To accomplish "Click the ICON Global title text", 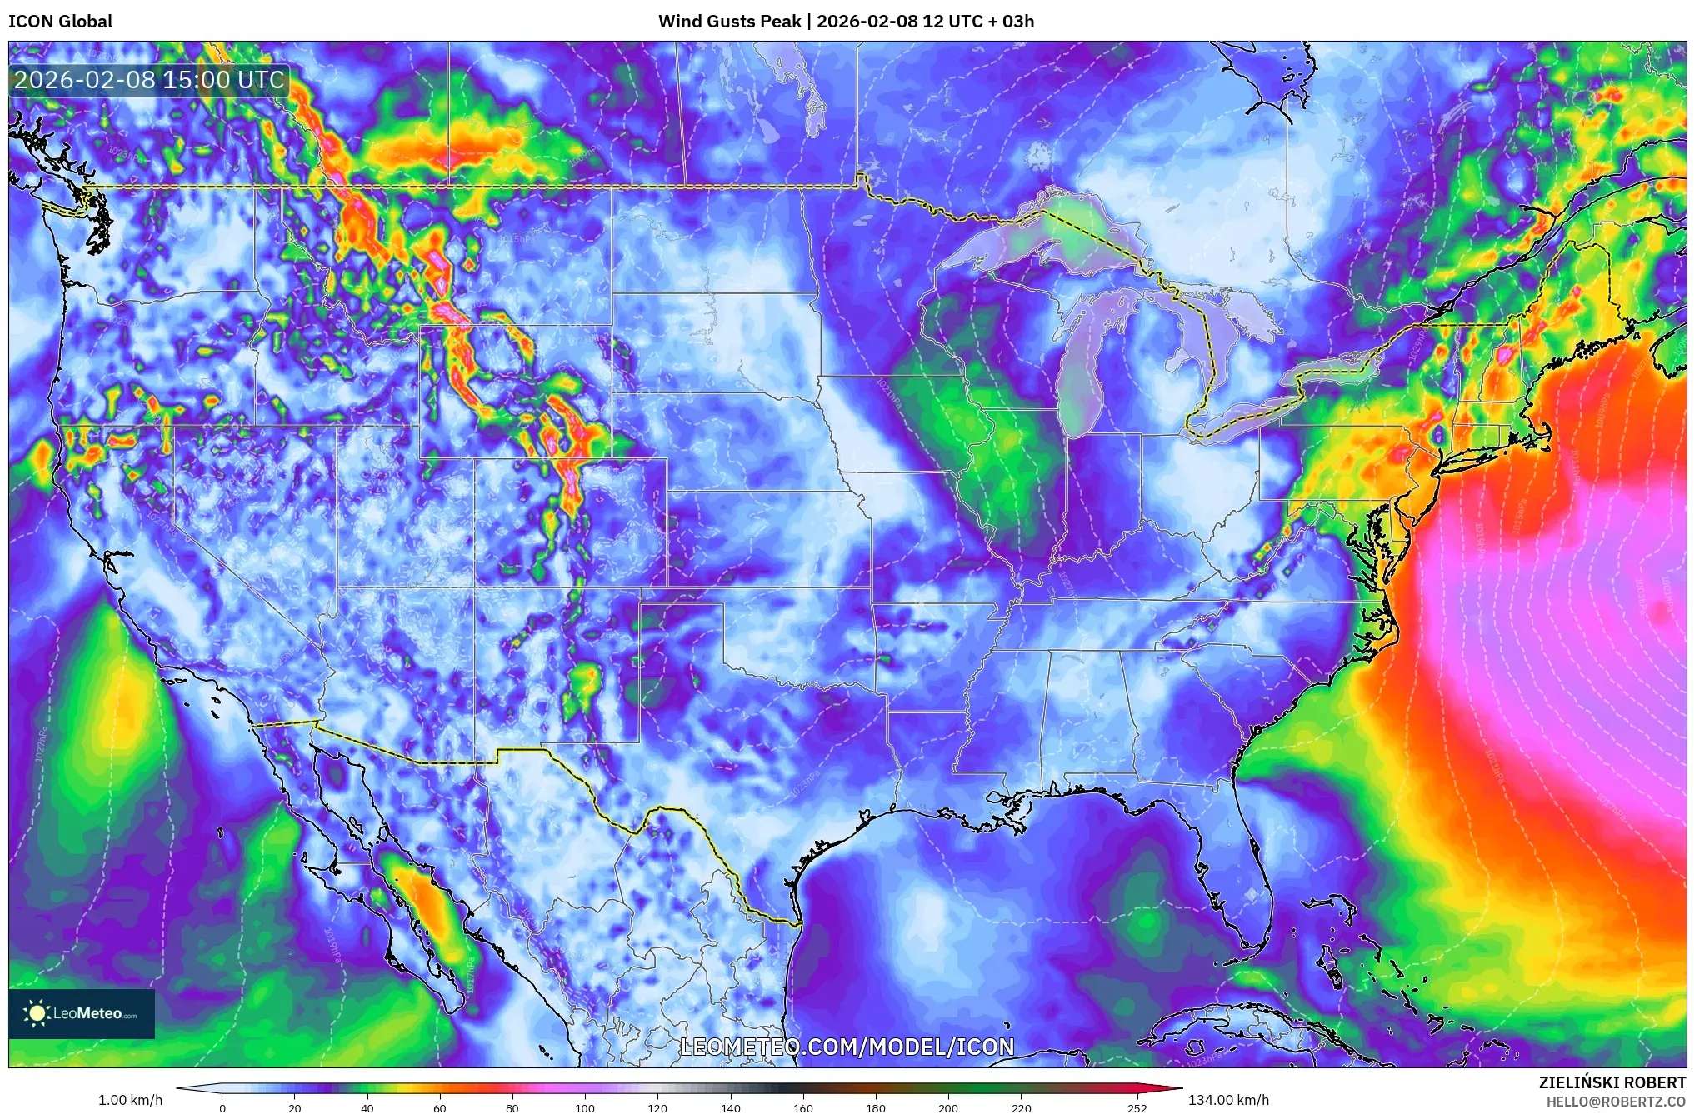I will click(x=60, y=22).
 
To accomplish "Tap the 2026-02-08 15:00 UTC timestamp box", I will click(x=150, y=80).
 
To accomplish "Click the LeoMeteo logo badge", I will click(x=82, y=1013).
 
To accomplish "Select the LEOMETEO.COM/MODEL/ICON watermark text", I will click(x=847, y=1047).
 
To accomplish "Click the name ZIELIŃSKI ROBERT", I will click(x=1612, y=1082).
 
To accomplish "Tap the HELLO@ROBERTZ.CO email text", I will click(x=1616, y=1102).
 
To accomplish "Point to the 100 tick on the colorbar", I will click(x=585, y=1107).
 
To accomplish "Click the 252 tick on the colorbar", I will click(x=1137, y=1107).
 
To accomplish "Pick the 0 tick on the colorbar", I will click(x=222, y=1107).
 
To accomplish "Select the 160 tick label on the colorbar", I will click(x=803, y=1107).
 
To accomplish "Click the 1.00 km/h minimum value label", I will click(x=130, y=1100).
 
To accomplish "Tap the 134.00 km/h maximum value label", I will click(x=1228, y=1100).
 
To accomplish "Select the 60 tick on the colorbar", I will click(x=440, y=1107).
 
